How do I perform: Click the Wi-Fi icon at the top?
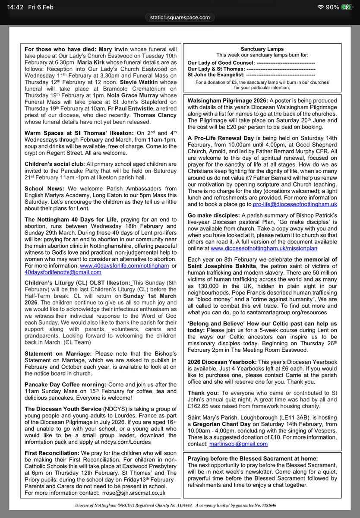point(320,7)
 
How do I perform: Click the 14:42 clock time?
point(12,7)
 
